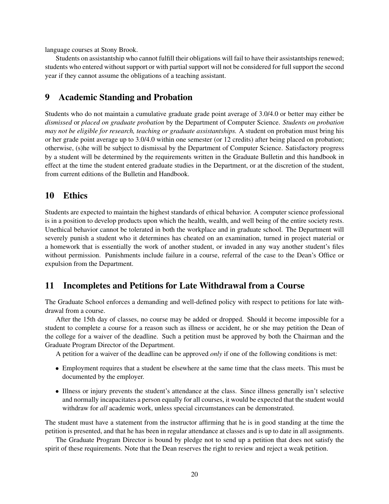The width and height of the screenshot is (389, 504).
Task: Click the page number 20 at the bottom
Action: (x=194, y=474)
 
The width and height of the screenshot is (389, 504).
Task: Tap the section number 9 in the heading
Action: (x=47, y=97)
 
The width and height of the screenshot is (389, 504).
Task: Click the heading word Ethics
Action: (x=75, y=195)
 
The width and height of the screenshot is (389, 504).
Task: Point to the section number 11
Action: (x=49, y=286)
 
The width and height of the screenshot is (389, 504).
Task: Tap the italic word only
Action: (x=216, y=354)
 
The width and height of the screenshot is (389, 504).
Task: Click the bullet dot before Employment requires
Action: (x=57, y=369)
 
